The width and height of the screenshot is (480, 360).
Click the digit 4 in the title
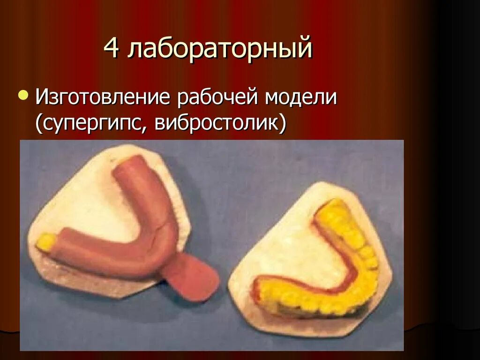112,49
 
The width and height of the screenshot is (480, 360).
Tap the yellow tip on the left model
45,241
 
